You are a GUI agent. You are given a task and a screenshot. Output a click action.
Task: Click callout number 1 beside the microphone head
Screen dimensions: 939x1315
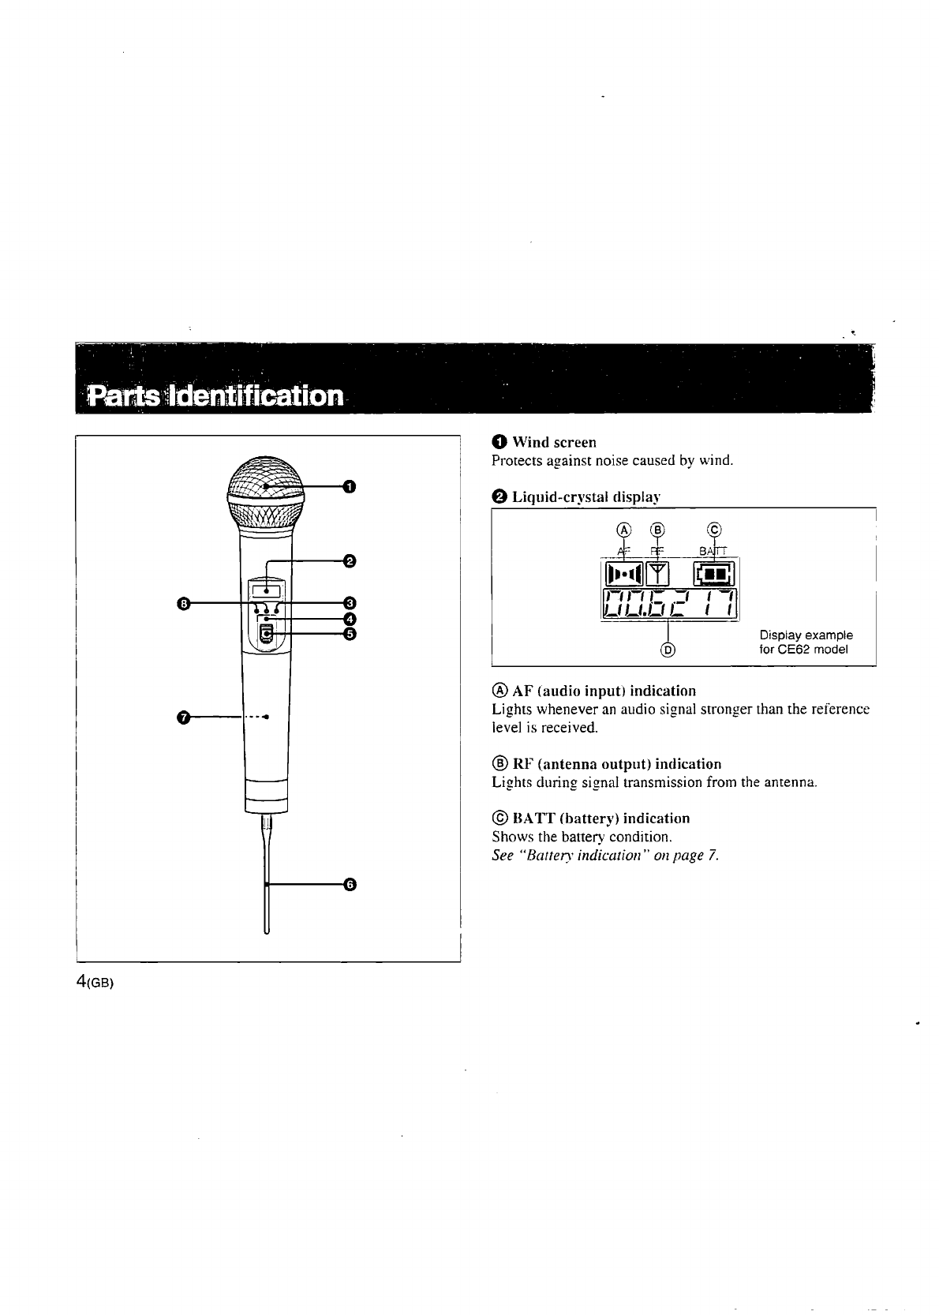pyautogui.click(x=350, y=485)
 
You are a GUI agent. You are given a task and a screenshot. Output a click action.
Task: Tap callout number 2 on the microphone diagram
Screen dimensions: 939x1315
pyautogui.click(x=350, y=561)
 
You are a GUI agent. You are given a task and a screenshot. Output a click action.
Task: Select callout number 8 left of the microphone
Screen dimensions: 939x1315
pyautogui.click(x=183, y=604)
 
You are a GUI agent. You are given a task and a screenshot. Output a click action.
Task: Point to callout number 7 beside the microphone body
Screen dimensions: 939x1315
pyautogui.click(x=183, y=717)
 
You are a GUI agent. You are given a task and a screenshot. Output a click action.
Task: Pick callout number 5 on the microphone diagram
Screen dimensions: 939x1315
pyautogui.click(x=350, y=633)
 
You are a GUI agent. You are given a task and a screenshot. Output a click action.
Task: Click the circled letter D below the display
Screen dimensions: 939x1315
pyautogui.click(x=668, y=650)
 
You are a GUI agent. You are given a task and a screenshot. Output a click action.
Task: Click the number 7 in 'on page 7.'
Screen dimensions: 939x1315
pyautogui.click(x=712, y=856)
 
